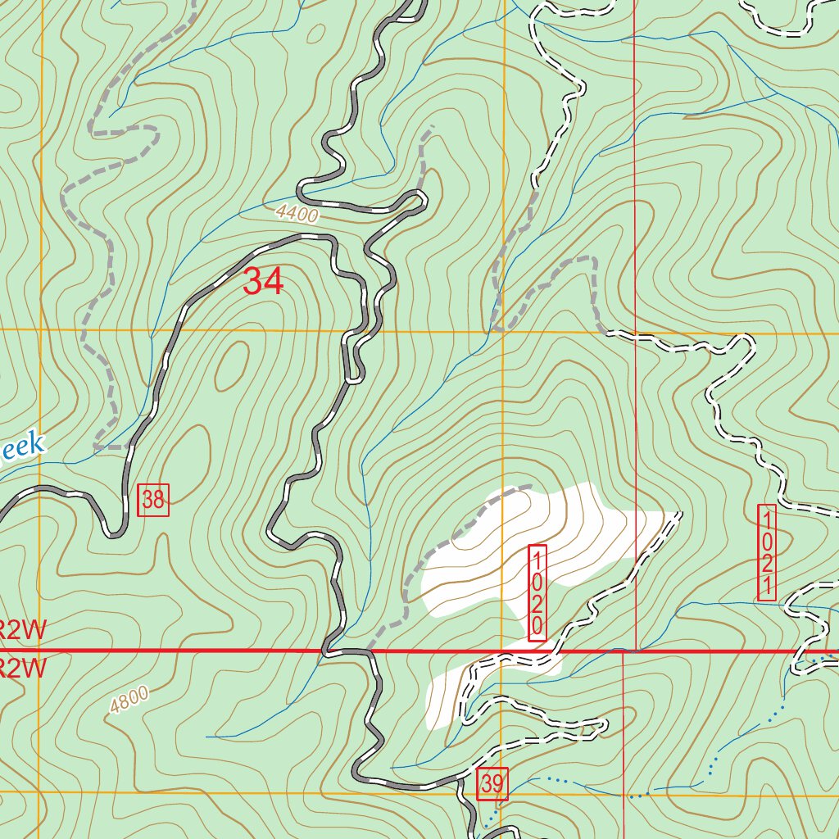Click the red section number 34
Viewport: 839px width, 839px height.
[x=263, y=282]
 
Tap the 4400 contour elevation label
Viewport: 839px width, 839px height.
[x=296, y=215]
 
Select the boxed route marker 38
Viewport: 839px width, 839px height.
[x=153, y=500]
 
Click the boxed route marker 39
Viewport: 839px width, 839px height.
[x=492, y=784]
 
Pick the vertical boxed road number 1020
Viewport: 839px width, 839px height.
[x=537, y=593]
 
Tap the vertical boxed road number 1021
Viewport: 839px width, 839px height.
[x=768, y=553]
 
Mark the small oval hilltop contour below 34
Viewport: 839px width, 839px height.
[x=232, y=365]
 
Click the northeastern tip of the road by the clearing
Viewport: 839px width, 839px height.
[x=678, y=515]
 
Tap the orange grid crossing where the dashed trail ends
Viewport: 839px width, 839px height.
[x=501, y=331]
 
